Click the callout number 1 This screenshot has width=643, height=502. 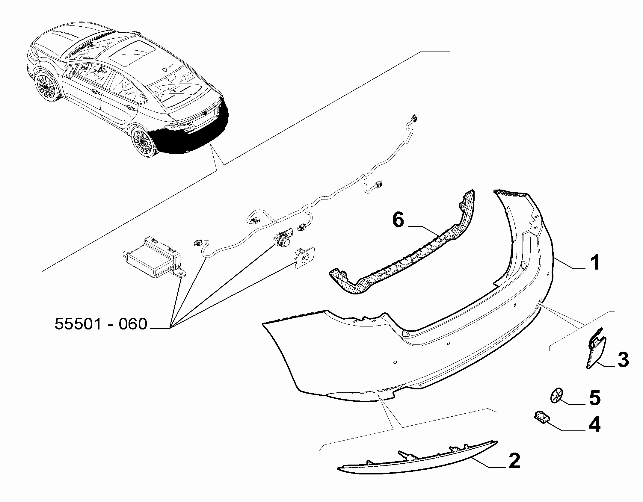pyautogui.click(x=594, y=263)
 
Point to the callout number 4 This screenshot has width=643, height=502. pyautogui.click(x=594, y=424)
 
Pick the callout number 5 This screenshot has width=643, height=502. pyautogui.click(x=594, y=398)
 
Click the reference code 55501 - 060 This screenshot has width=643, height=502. pyautogui.click(x=101, y=324)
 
